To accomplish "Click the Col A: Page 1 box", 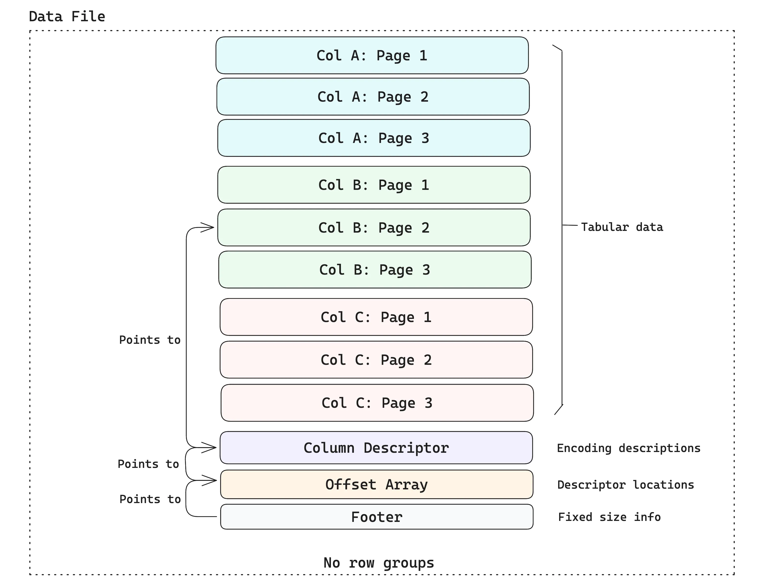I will [x=372, y=55].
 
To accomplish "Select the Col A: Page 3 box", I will [x=374, y=138].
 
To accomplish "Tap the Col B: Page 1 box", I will [x=374, y=185].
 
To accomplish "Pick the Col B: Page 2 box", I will [x=374, y=228].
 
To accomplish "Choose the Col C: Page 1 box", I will [x=376, y=317].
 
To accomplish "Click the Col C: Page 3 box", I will [x=377, y=403].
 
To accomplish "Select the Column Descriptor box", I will [x=376, y=448].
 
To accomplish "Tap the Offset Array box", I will [x=377, y=484].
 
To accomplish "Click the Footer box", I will [x=377, y=517].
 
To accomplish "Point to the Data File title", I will [x=67, y=17].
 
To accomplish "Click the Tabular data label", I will [x=622, y=227].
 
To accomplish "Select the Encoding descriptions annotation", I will [x=628, y=448].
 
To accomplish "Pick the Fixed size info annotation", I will [x=609, y=517].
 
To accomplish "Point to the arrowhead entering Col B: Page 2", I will [x=209, y=228].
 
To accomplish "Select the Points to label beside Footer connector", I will [x=150, y=499].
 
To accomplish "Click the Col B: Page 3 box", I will [x=375, y=269].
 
